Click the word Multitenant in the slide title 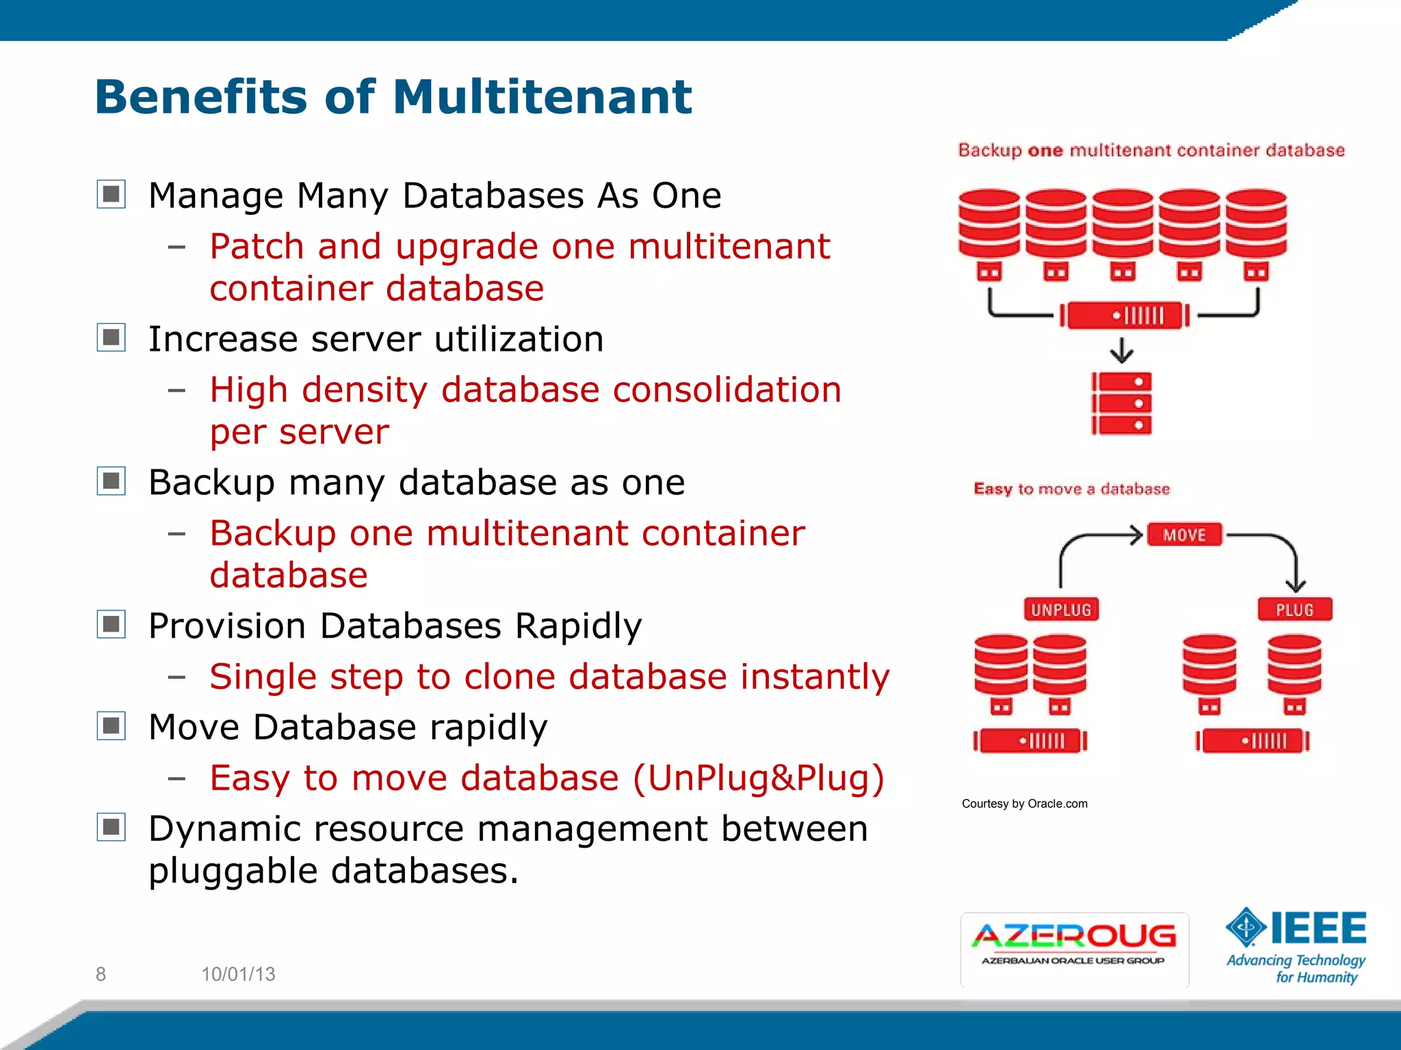tap(542, 96)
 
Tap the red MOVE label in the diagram tap(1184, 535)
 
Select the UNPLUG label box tap(1060, 609)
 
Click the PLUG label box tap(1294, 609)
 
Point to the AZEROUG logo tap(1074, 947)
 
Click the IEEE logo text tap(1318, 928)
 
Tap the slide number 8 tap(101, 974)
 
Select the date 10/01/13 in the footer tap(238, 974)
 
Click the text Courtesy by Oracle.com tap(1024, 803)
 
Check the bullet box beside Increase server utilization tap(111, 338)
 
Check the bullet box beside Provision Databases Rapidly tap(111, 624)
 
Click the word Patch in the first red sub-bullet tap(257, 246)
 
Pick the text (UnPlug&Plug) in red tap(759, 778)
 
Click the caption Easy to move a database tap(1071, 489)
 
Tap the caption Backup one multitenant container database tap(1151, 150)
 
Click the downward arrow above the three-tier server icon tap(1121, 351)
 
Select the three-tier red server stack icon tap(1121, 403)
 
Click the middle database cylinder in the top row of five tap(1122, 224)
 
